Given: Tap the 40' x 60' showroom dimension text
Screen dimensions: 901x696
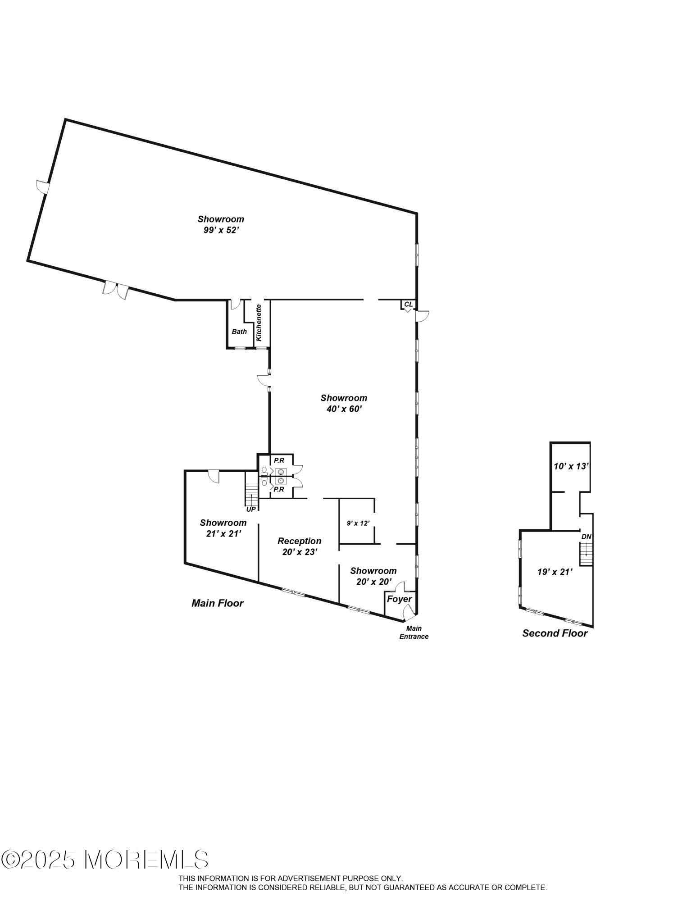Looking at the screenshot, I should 344,409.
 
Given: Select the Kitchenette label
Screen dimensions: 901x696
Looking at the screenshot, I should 259,323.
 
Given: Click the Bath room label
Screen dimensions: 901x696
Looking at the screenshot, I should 239,332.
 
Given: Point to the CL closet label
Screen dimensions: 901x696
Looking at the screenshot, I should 408,305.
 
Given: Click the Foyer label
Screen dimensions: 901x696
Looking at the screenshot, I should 399,599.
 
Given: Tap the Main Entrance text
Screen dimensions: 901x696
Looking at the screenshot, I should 414,633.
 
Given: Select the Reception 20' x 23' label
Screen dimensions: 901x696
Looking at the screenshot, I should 300,546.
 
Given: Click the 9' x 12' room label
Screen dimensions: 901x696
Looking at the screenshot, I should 358,523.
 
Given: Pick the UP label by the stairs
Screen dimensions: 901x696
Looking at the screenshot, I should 251,509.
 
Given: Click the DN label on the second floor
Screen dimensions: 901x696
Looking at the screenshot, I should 586,537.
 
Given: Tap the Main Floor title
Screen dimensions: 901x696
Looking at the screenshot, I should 218,603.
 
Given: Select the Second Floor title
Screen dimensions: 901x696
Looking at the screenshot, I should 555,633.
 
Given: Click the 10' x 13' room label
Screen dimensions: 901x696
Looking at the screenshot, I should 571,466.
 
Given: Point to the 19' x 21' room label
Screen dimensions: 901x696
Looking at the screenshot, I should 555,572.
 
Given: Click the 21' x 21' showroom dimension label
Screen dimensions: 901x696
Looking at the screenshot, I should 223,533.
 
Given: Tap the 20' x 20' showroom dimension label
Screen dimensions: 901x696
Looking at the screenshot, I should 373,582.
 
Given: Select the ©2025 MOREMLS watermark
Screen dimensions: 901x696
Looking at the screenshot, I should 105,860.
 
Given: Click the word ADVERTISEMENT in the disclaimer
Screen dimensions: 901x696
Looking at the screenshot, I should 310,878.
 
